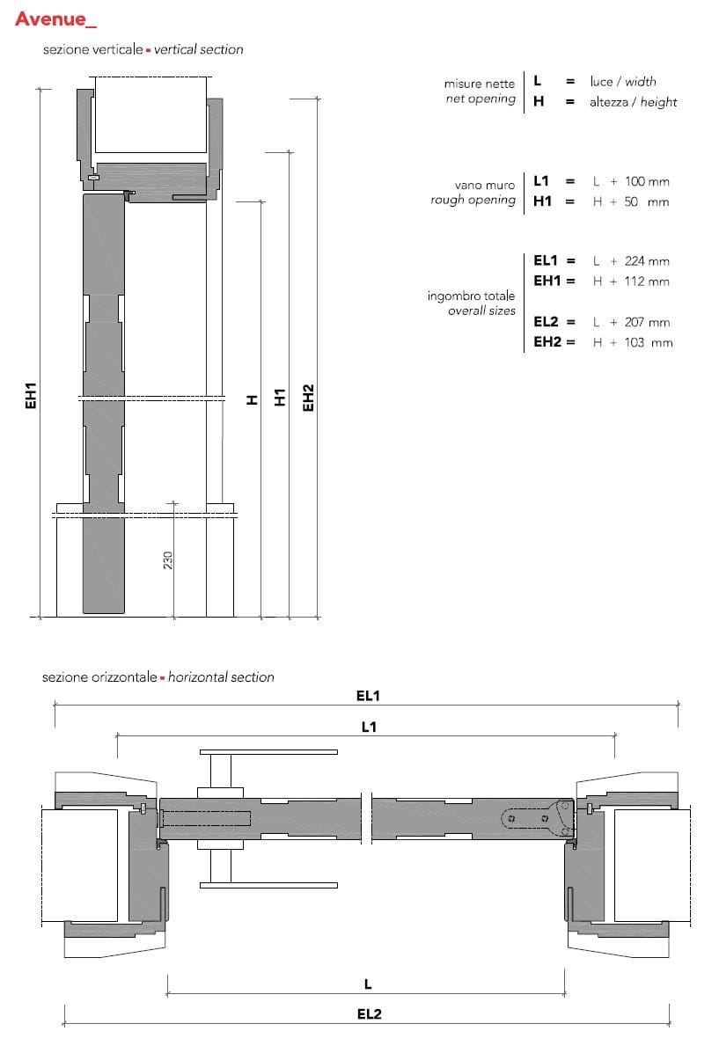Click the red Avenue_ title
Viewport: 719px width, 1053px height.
pyautogui.click(x=55, y=18)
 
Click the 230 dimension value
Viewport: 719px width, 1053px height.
pyautogui.click(x=168, y=560)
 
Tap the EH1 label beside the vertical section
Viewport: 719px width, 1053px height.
pyautogui.click(x=31, y=396)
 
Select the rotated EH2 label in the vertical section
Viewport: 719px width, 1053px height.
pyautogui.click(x=308, y=398)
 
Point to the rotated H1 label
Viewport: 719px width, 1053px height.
pyautogui.click(x=280, y=397)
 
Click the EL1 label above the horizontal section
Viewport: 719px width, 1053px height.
pyautogui.click(x=368, y=696)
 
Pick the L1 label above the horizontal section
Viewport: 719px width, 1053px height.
pyautogui.click(x=369, y=727)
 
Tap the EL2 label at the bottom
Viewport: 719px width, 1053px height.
pyautogui.click(x=369, y=1014)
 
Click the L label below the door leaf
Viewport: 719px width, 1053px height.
pyautogui.click(x=368, y=984)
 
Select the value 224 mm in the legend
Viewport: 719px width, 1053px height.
pyautogui.click(x=647, y=261)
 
